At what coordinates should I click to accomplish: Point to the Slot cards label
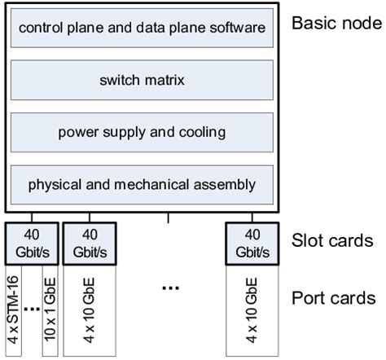pos(332,241)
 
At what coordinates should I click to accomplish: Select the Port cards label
pos(333,297)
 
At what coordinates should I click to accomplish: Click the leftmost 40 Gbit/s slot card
pos(33,241)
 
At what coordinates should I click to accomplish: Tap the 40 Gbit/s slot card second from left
pos(88,241)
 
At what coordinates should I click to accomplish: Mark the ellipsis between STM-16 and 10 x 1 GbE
pos(33,310)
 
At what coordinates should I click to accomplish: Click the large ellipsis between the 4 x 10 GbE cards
pos(170,288)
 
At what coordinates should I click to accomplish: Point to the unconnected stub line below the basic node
pos(169,218)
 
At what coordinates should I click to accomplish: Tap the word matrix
pos(164,80)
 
